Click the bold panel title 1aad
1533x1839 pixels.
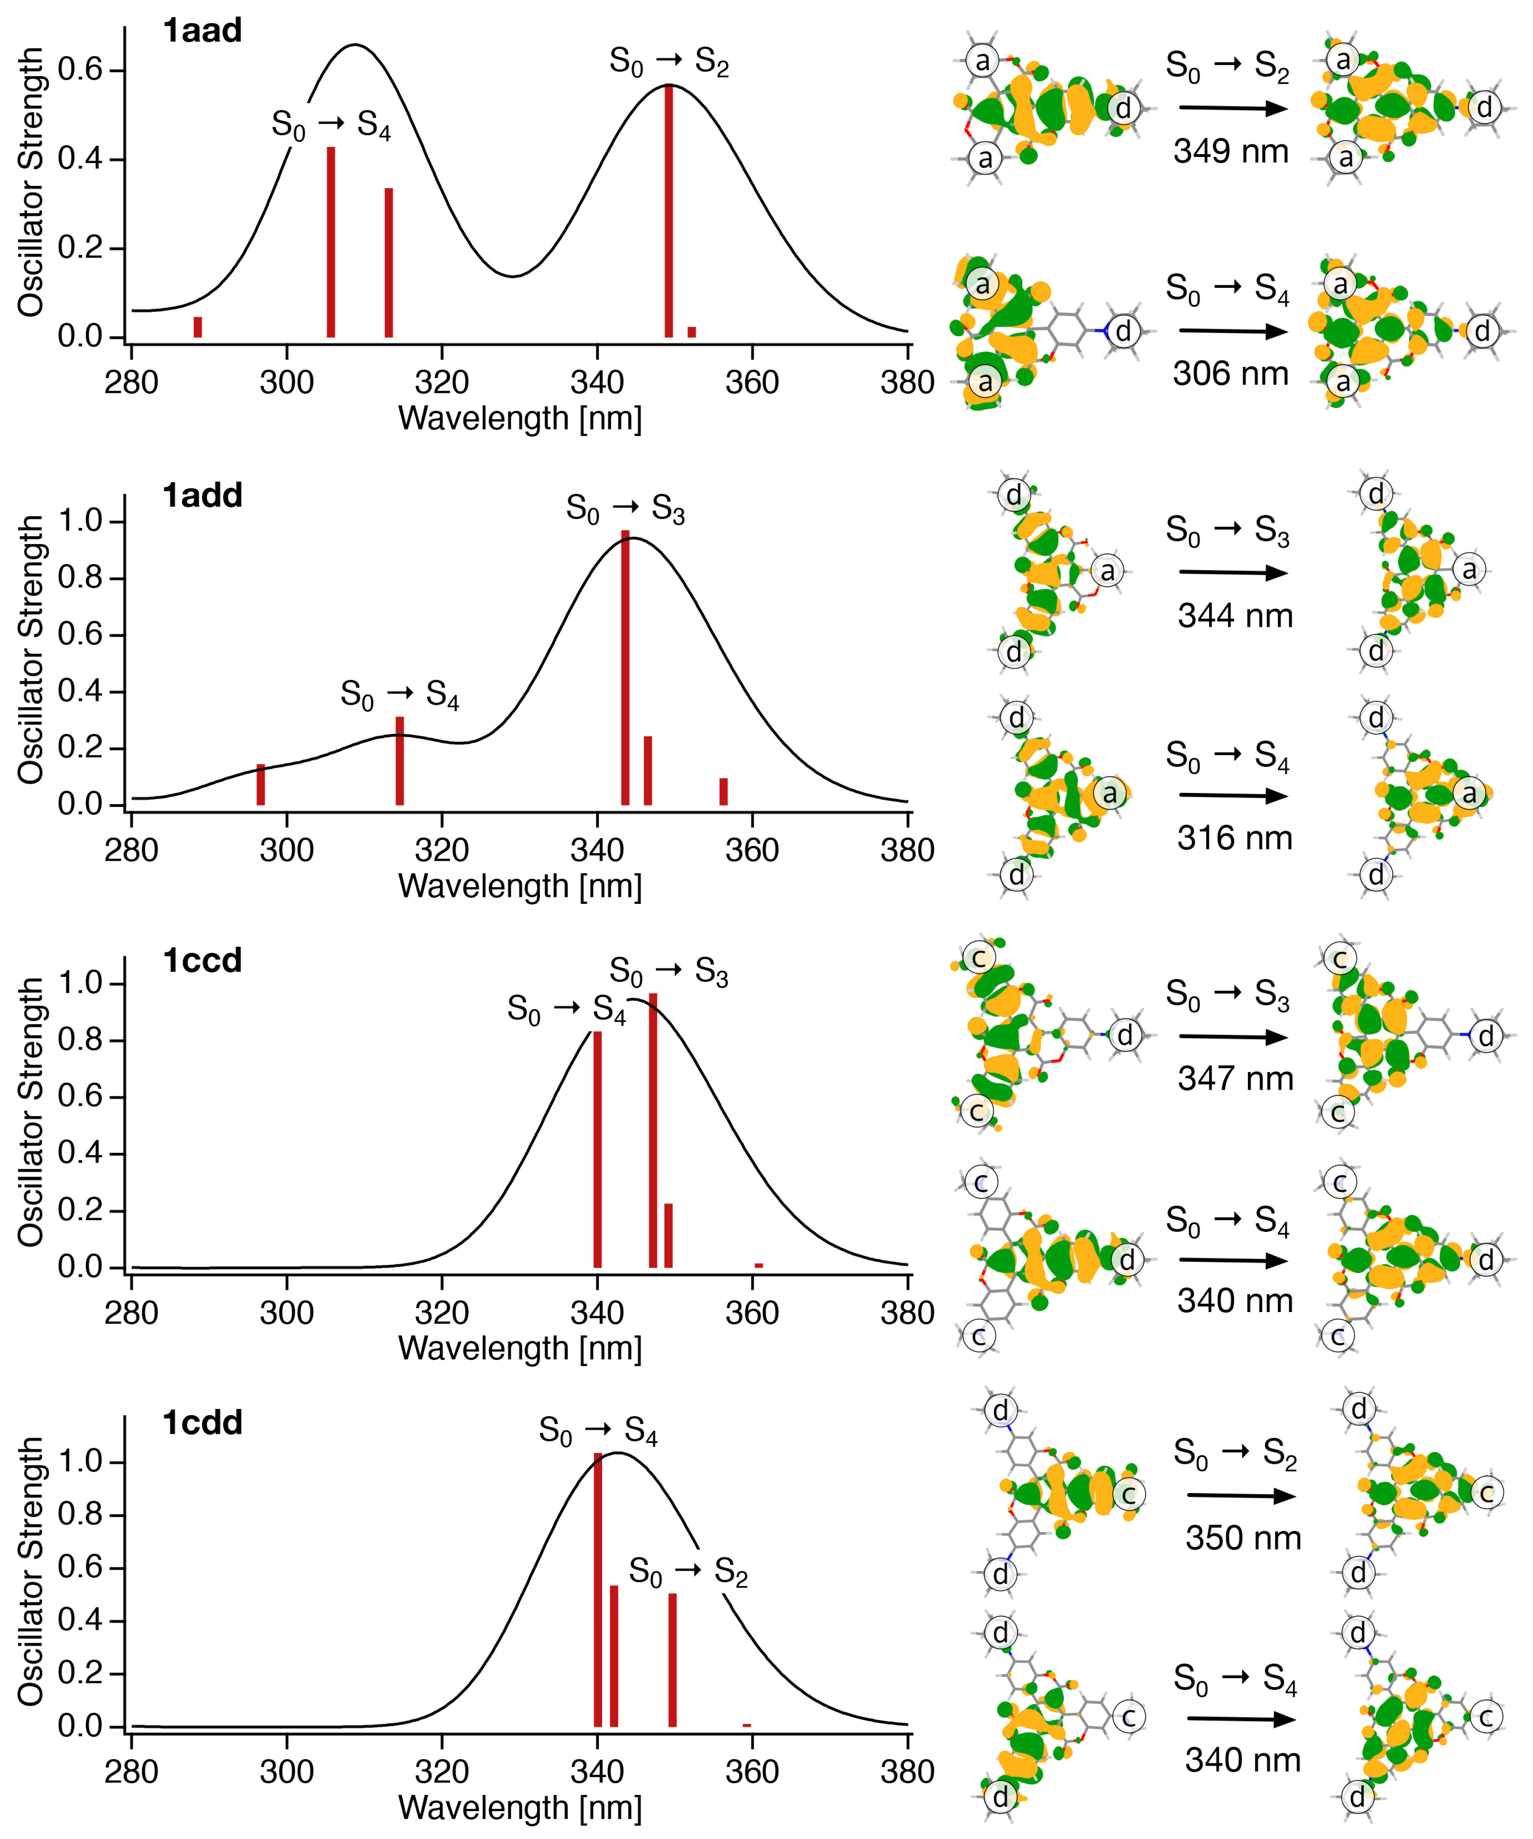tap(202, 31)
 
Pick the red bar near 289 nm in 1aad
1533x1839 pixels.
tap(198, 327)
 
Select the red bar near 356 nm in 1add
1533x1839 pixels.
tap(723, 791)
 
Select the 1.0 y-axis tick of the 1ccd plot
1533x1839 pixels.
tap(80, 982)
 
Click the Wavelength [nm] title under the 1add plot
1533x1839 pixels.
tap(520, 886)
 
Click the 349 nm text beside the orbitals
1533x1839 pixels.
tap(1231, 151)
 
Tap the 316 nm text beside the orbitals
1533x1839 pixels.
tap(1234, 838)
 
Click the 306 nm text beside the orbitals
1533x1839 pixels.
tap(1231, 374)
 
